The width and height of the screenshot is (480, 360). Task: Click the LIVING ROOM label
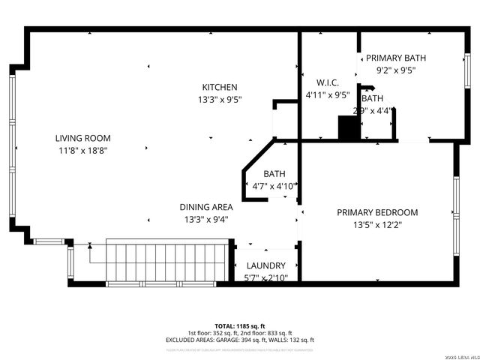[82, 138]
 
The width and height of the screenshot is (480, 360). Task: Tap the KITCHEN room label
[219, 88]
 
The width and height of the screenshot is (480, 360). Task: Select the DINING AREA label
[205, 207]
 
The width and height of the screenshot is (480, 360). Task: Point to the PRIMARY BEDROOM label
[377, 212]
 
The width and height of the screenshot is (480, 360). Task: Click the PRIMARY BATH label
[395, 58]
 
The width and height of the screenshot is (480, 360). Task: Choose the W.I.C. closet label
[328, 83]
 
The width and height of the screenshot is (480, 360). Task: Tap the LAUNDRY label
[266, 265]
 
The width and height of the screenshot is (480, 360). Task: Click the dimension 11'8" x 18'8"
[82, 150]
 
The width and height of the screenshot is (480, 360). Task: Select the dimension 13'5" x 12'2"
[377, 224]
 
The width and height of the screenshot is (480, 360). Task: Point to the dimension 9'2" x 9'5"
[395, 70]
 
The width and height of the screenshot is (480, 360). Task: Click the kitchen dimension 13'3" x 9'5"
[219, 100]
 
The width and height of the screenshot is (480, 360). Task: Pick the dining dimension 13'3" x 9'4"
[205, 219]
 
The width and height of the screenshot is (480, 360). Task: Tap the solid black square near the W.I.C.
[349, 128]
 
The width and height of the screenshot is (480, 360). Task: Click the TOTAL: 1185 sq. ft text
[239, 325]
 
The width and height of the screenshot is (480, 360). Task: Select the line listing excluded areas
[239, 340]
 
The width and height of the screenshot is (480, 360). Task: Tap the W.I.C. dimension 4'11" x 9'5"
[328, 95]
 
